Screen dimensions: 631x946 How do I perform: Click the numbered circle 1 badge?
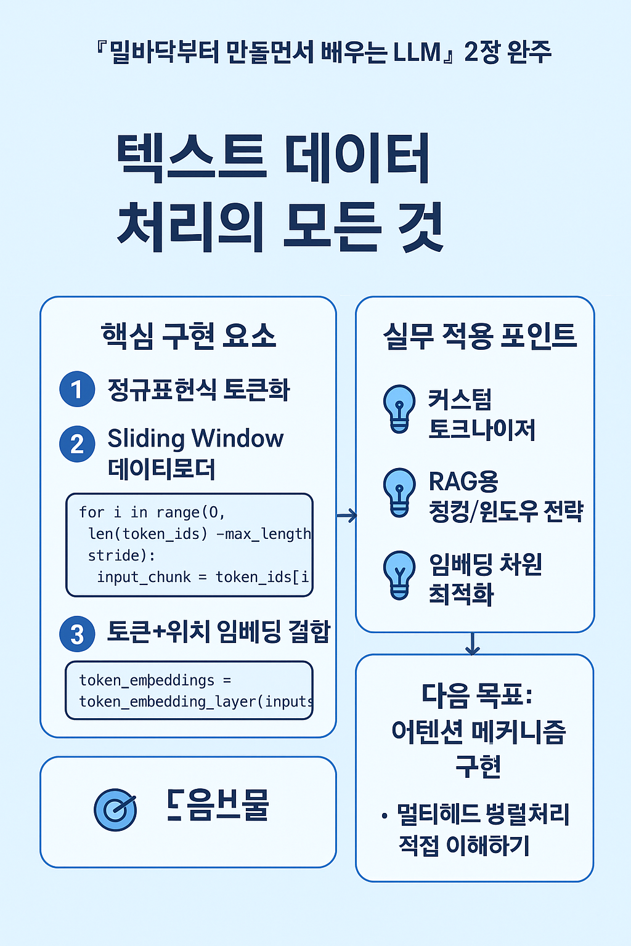point(77,389)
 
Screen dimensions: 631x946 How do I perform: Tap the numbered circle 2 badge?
point(77,443)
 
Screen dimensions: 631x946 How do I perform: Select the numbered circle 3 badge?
point(77,634)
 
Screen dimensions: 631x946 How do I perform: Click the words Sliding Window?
point(195,439)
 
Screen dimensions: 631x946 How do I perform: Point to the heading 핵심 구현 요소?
point(188,336)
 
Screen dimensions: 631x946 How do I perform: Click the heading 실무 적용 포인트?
point(479,336)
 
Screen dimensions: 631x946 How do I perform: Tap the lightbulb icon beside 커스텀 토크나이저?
point(399,409)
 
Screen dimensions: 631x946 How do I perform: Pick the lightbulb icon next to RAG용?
point(399,491)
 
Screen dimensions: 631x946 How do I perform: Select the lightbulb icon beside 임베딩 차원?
point(399,575)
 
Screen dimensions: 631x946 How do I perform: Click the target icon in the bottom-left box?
point(115,809)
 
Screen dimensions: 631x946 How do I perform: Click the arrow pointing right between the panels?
point(347,515)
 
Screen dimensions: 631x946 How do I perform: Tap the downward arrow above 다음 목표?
point(473,644)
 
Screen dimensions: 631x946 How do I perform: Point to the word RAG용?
point(463,482)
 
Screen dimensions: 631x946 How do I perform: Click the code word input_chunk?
point(144,577)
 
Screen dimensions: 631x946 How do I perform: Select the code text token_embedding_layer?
point(167,701)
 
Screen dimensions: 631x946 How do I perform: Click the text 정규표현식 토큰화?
point(198,390)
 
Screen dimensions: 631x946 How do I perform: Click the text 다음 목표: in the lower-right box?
point(477,695)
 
